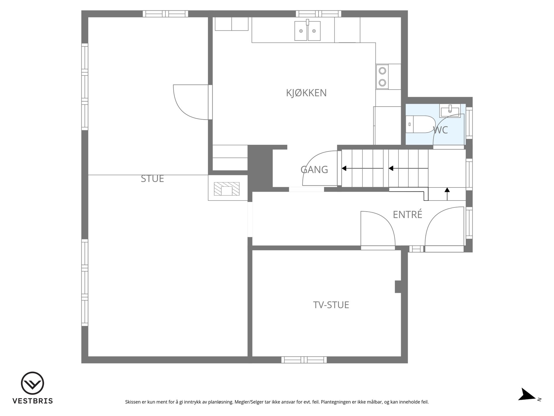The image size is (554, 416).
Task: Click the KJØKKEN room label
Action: [306, 93]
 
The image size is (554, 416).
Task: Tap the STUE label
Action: [152, 179]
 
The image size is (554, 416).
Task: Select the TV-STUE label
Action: [331, 305]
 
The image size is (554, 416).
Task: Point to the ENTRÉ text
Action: [407, 214]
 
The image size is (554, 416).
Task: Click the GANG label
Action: [314, 170]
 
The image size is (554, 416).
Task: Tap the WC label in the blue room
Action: [441, 130]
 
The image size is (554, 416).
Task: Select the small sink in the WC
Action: [449, 110]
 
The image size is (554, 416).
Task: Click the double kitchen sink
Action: [307, 30]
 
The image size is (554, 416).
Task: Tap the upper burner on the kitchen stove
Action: [382, 70]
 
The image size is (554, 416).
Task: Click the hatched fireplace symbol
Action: [227, 189]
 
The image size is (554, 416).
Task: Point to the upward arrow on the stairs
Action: [447, 194]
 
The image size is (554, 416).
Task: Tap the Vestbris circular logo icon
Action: [32, 383]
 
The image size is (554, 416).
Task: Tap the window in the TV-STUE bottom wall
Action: [304, 360]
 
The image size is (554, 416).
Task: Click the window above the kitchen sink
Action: [319, 14]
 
